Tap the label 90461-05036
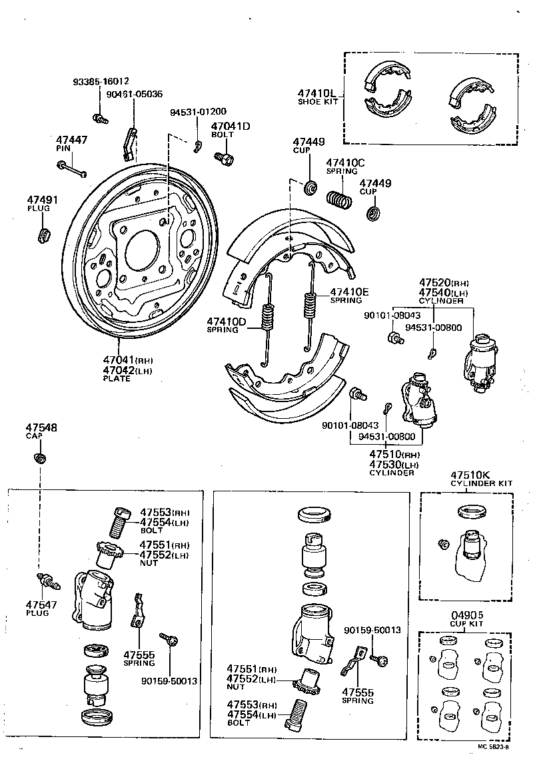coord(134,95)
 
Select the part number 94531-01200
coord(198,112)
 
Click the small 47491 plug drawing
coord(45,235)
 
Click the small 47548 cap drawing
coord(39,458)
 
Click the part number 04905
coord(466,615)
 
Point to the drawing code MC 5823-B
coord(494,747)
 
